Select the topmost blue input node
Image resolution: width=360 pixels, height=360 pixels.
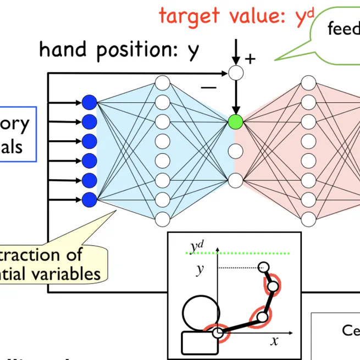tap(89, 102)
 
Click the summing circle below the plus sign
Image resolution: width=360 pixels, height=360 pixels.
tap(235, 72)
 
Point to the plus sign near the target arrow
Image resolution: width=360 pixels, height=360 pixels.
tap(250, 58)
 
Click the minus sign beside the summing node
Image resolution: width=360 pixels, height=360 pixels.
tap(208, 86)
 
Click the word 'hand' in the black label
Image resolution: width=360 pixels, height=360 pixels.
tap(65, 49)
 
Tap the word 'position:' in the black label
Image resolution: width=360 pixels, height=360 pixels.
tap(138, 51)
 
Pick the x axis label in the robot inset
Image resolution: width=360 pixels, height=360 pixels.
tap(274, 341)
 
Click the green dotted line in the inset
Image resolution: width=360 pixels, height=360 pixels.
tap(242, 253)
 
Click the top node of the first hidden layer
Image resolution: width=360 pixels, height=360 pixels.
tap(162, 84)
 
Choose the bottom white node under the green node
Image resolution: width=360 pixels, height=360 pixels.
tap(235, 180)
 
